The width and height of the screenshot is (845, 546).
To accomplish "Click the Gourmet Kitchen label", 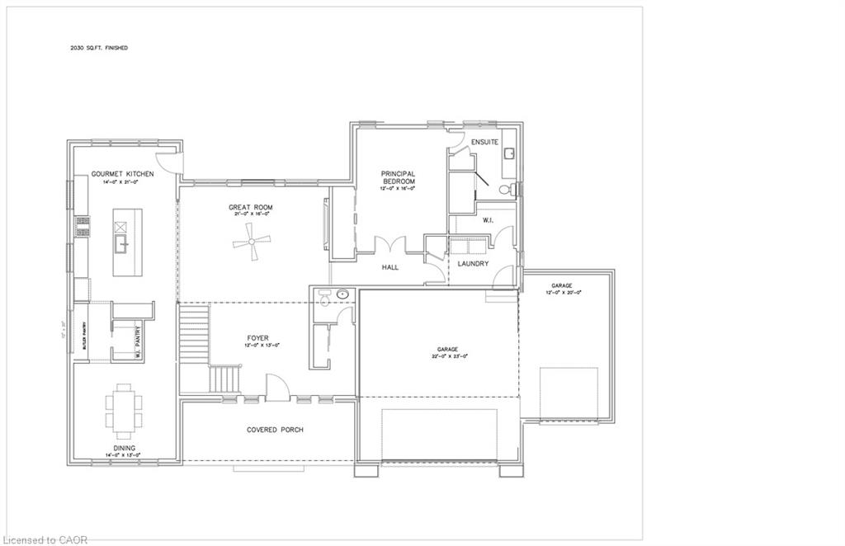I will click(x=122, y=175).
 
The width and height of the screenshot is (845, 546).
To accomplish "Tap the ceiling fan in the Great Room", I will click(x=251, y=242).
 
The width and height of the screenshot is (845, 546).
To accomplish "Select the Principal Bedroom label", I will click(x=398, y=177).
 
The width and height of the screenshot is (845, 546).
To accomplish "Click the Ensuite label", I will click(x=484, y=143).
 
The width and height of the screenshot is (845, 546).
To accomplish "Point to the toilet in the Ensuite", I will click(x=513, y=190).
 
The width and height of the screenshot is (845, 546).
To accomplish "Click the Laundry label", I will click(x=473, y=264).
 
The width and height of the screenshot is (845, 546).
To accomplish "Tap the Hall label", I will click(x=390, y=267).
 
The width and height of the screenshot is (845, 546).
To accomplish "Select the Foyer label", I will click(x=257, y=338).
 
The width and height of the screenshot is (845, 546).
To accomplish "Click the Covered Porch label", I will click(x=275, y=430).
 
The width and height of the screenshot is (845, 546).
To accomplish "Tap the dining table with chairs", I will click(x=122, y=410).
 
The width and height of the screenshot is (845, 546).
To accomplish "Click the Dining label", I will click(x=125, y=448).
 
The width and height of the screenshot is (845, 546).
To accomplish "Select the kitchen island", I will click(x=128, y=242).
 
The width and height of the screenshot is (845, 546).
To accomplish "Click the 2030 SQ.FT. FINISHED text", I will click(x=99, y=48).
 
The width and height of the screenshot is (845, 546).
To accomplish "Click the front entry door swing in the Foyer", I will click(x=276, y=386).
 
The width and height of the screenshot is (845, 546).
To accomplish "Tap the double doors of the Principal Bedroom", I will click(x=389, y=246).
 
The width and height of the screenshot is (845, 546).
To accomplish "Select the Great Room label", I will click(x=251, y=207).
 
